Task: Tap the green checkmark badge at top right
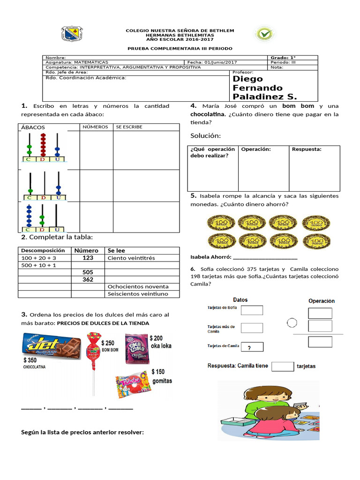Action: pos(265,34)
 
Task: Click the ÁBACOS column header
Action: pos(33,127)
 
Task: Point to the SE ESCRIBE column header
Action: pos(129,127)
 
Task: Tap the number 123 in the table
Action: pos(88,258)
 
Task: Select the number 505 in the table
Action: pos(88,272)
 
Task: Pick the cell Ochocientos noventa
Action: pos(138,286)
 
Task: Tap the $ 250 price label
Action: pos(108,343)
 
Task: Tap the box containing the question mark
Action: pos(252,347)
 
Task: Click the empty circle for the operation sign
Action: pos(292,322)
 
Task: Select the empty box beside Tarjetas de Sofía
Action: pos(252,310)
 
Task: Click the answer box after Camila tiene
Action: pos(283,366)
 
